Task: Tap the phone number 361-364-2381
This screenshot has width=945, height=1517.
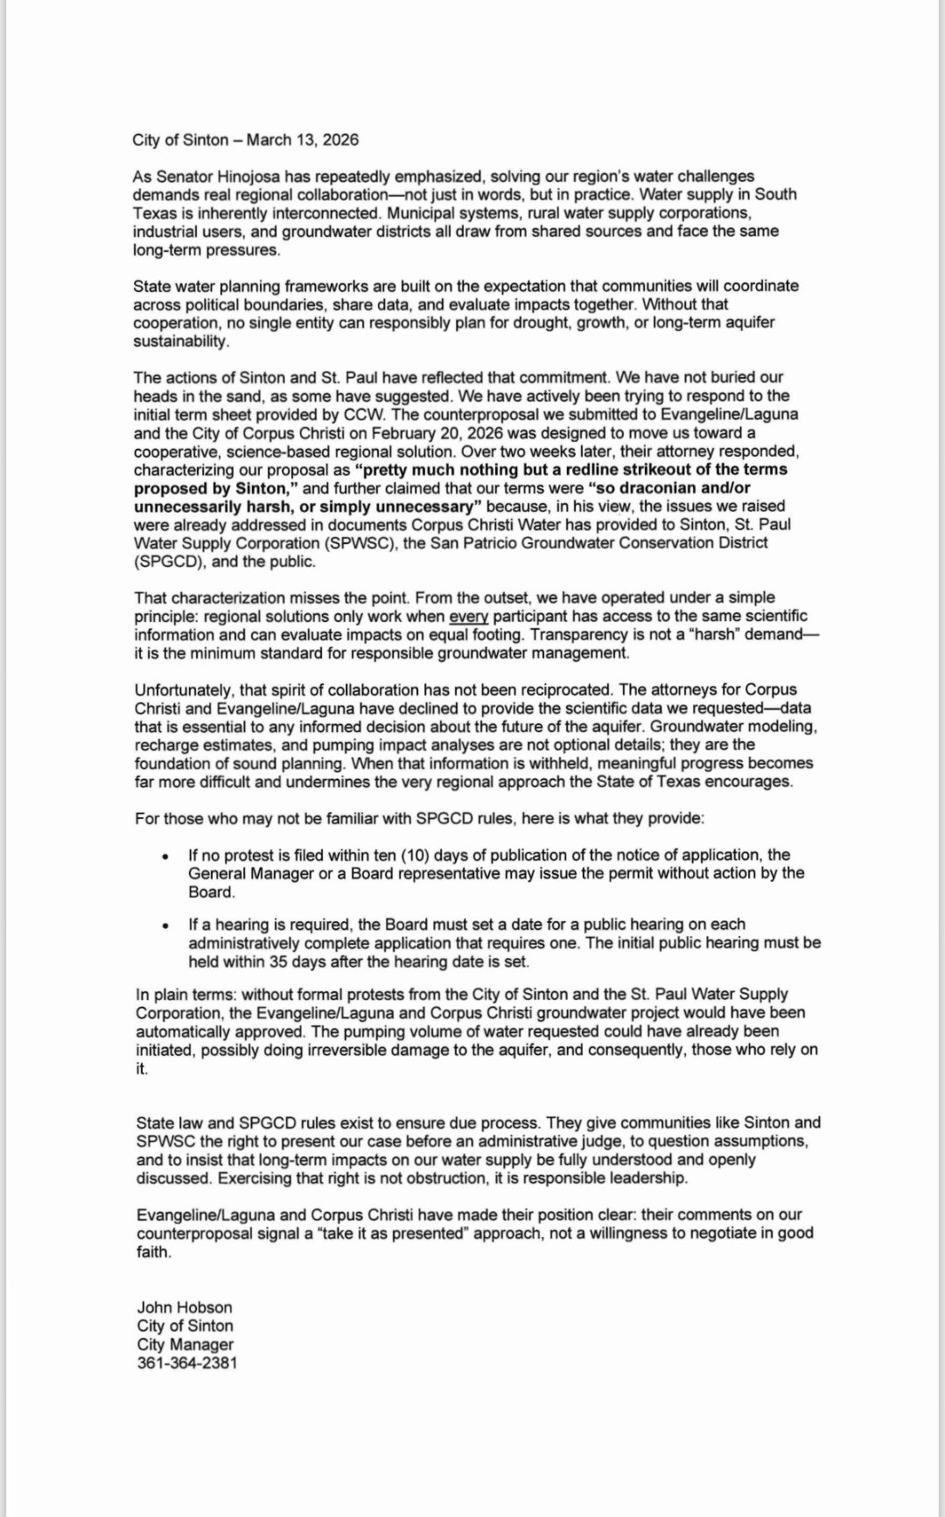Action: pyautogui.click(x=187, y=1363)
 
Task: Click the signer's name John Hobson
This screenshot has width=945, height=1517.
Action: pyautogui.click(x=185, y=1308)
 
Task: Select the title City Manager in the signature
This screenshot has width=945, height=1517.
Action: pyautogui.click(x=185, y=1345)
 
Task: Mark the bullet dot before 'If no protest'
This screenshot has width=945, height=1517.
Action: pyautogui.click(x=166, y=856)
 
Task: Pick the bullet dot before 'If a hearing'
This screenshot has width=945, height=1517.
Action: pyautogui.click(x=166, y=926)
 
